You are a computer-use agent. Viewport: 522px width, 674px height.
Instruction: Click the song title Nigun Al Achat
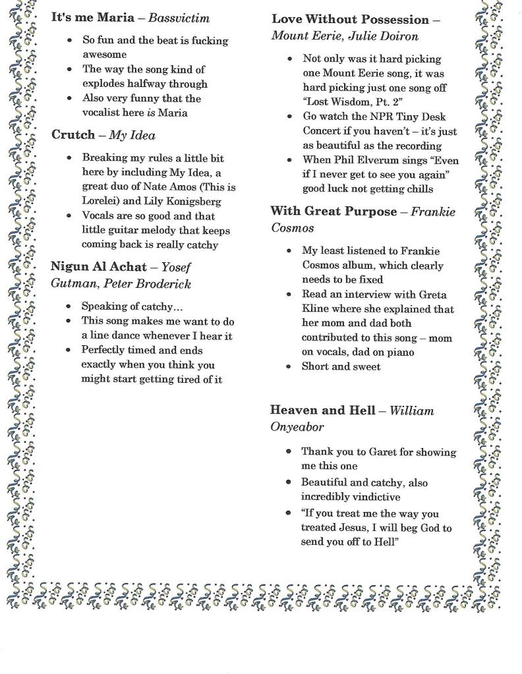98,267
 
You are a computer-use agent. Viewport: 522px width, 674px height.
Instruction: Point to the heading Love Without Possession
350,20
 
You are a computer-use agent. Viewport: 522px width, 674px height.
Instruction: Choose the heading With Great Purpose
333,211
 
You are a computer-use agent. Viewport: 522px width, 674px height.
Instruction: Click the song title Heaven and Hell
322,410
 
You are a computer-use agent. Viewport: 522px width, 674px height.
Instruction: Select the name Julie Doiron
388,36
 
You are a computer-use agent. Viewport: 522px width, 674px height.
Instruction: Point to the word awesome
104,55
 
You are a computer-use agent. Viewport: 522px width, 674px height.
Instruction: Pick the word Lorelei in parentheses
100,201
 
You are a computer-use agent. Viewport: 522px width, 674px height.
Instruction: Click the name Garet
377,452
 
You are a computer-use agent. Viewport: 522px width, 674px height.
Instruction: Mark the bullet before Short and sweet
289,367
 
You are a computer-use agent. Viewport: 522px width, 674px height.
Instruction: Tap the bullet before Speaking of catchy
69,306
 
